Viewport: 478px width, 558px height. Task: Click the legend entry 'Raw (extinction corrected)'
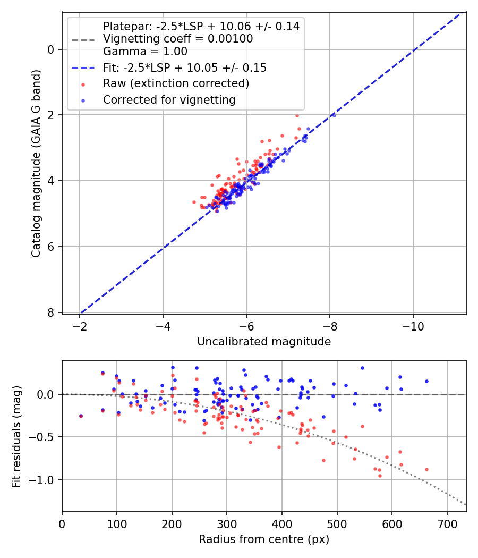[176, 83]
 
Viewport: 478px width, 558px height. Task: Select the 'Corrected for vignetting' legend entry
[169, 99]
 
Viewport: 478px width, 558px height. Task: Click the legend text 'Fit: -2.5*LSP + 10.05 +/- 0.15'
[185, 67]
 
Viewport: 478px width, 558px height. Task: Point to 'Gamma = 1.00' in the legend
[145, 52]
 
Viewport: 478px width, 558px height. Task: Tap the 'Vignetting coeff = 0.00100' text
[178, 39]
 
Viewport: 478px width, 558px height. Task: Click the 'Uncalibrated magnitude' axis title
[264, 342]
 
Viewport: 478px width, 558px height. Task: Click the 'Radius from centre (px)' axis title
[264, 539]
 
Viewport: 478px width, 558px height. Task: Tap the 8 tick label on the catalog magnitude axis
[51, 312]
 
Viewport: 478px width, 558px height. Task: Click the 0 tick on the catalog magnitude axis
[51, 49]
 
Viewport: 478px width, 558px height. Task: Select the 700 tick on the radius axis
[447, 523]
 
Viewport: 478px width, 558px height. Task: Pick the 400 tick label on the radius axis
[282, 523]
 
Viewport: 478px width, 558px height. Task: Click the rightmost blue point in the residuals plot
[426, 381]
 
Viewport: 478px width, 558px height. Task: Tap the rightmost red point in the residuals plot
[426, 469]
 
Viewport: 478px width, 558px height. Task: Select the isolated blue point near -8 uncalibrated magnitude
[334, 115]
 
